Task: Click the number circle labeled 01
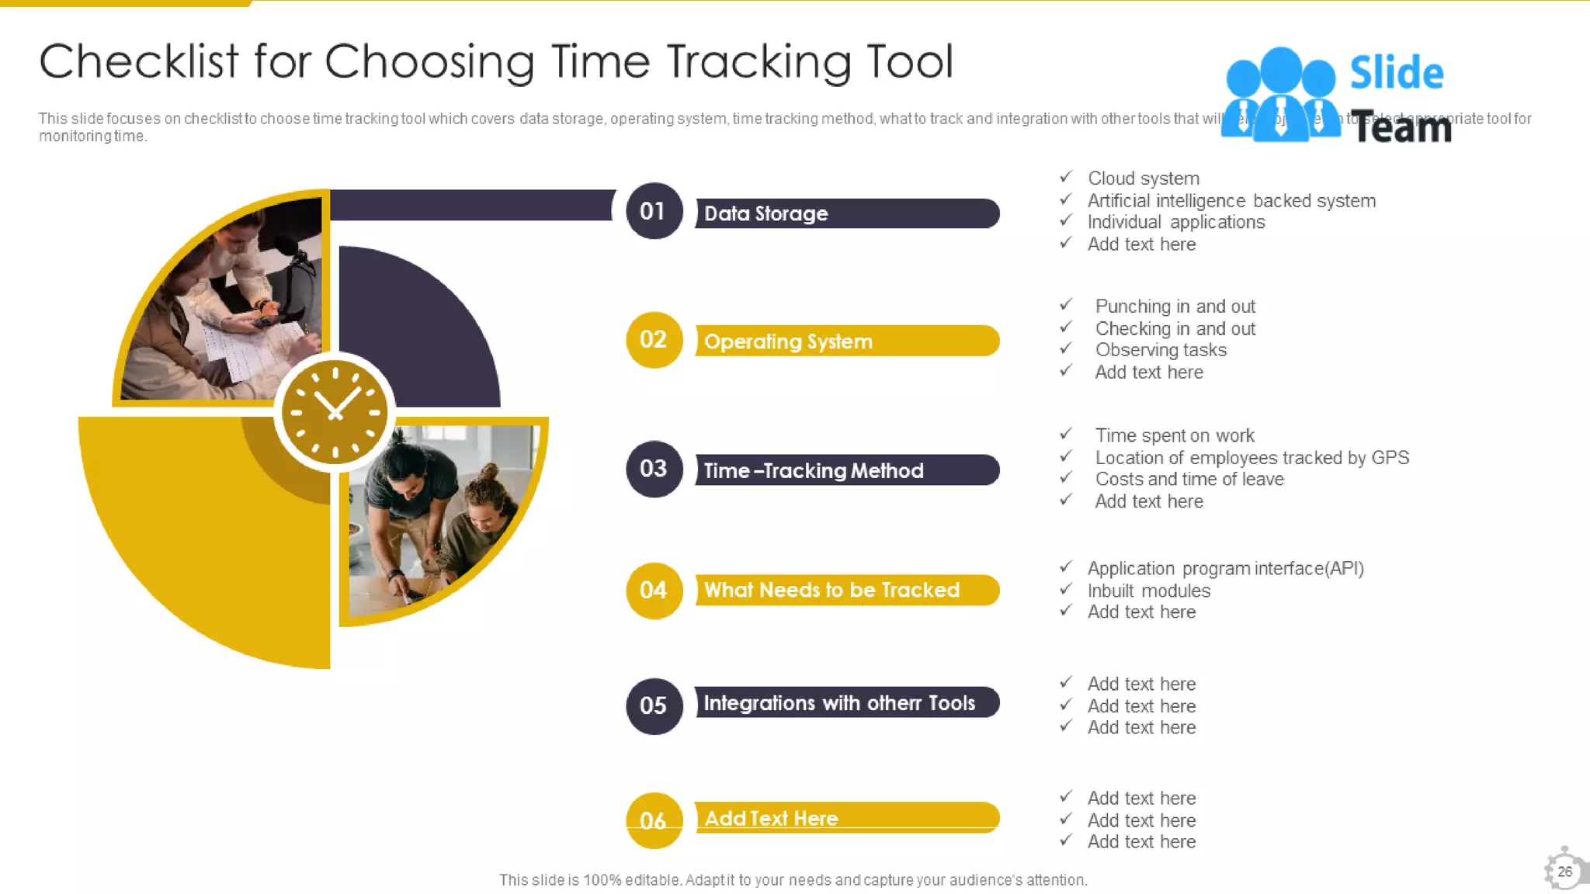coord(653,211)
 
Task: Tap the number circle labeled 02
coord(654,340)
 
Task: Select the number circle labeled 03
coord(654,469)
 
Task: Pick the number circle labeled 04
coord(654,591)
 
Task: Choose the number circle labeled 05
coord(654,705)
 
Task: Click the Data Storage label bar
coord(846,213)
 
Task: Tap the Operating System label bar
coord(846,341)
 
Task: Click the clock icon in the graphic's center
coord(335,411)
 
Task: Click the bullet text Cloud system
coord(1143,178)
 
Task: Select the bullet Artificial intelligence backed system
coord(1231,201)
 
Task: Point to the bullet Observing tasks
coord(1161,350)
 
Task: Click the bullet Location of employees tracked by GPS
coord(1252,458)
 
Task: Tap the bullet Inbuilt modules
coord(1148,591)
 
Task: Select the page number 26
coord(1564,871)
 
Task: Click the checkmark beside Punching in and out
coord(1066,305)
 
